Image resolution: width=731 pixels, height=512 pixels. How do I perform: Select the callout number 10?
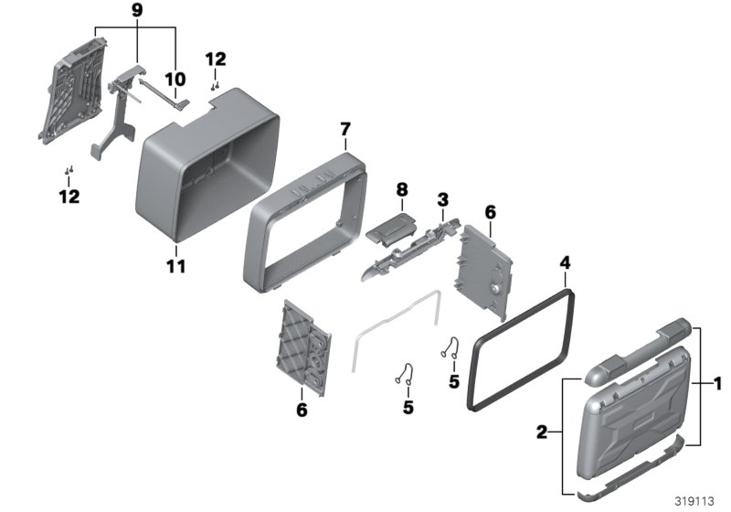pos(175,78)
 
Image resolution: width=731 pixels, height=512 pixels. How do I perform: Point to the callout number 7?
pos(344,130)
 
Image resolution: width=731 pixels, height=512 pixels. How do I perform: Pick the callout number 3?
pos(442,198)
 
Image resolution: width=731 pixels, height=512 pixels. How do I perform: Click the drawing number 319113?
pos(695,500)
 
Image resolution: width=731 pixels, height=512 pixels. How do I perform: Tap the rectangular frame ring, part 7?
pos(306,219)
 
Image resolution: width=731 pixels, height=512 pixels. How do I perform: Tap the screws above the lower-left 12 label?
pos(69,170)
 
